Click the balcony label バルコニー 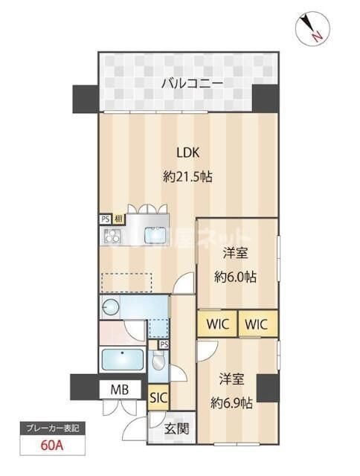pyautogui.click(x=192, y=83)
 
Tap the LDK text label pyautogui.click(x=187, y=153)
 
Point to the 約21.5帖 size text pyautogui.click(x=187, y=178)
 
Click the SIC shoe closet pyautogui.click(x=158, y=398)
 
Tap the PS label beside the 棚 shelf pyautogui.click(x=105, y=219)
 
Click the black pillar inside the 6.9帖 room pyautogui.click(x=266, y=387)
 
